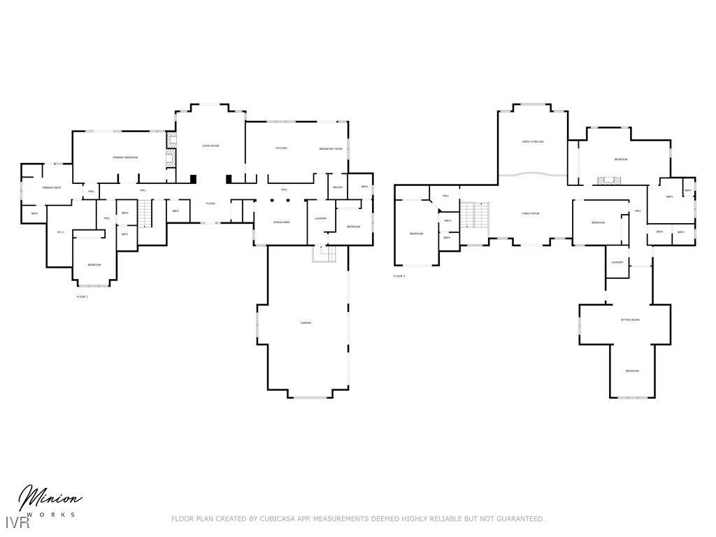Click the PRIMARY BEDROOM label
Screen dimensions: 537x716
(125, 158)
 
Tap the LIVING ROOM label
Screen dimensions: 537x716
(210, 146)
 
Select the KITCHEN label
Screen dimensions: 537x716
(281, 148)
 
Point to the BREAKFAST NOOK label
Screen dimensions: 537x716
(331, 149)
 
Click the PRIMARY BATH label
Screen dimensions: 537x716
(52, 188)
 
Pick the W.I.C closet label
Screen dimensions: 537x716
(60, 232)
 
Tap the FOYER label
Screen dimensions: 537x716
(210, 203)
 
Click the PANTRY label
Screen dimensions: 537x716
(337, 187)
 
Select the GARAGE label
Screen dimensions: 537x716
(306, 323)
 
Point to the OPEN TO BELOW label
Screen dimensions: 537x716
(532, 142)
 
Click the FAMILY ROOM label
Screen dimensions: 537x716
(531, 213)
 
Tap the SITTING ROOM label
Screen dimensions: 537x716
(630, 320)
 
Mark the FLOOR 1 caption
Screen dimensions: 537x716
(82, 296)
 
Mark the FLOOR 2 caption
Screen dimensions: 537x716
(399, 276)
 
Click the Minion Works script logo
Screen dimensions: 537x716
(49, 501)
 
